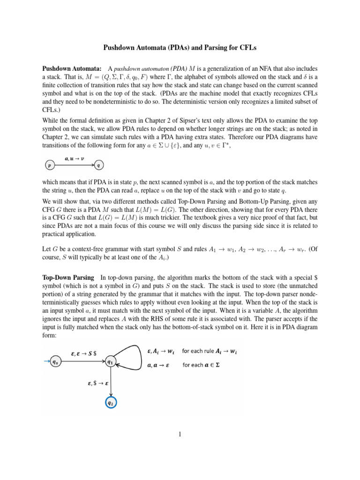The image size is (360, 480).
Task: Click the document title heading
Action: (x=180, y=48)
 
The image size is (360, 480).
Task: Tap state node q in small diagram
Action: (x=98, y=165)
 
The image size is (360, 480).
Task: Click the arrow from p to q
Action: (x=74, y=165)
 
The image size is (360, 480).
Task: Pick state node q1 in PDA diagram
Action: (x=110, y=362)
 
